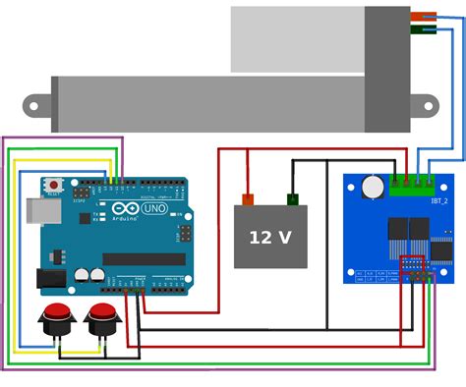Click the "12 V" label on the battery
[x=269, y=238]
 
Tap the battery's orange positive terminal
[x=248, y=199]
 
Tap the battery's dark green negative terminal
[x=293, y=199]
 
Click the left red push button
[x=57, y=315]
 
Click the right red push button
[x=102, y=315]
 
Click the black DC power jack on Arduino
[x=51, y=278]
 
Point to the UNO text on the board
[x=154, y=208]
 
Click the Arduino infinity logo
[x=126, y=208]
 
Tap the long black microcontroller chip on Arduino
[x=144, y=259]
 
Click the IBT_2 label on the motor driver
[x=439, y=201]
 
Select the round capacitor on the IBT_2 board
[x=373, y=186]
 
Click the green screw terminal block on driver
[x=411, y=185]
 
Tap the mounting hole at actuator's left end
[x=33, y=105]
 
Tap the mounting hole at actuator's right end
[x=428, y=104]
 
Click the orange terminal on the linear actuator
[x=424, y=17]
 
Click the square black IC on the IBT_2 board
[x=441, y=250]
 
